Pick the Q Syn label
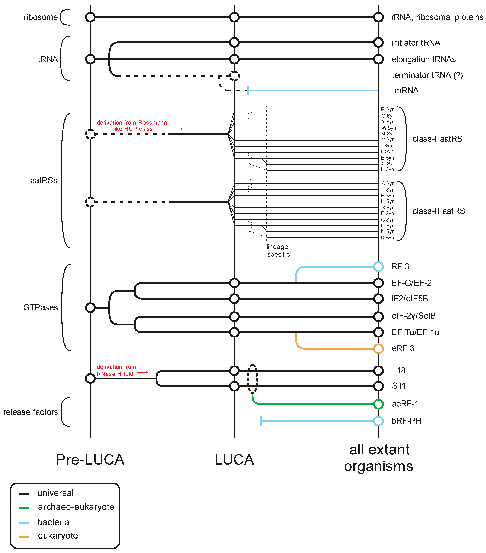click(x=388, y=164)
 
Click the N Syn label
click(x=388, y=231)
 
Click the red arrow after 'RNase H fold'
click(x=143, y=372)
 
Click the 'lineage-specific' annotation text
click(x=278, y=250)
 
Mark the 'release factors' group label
click(x=31, y=412)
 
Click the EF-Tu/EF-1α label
click(x=415, y=332)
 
